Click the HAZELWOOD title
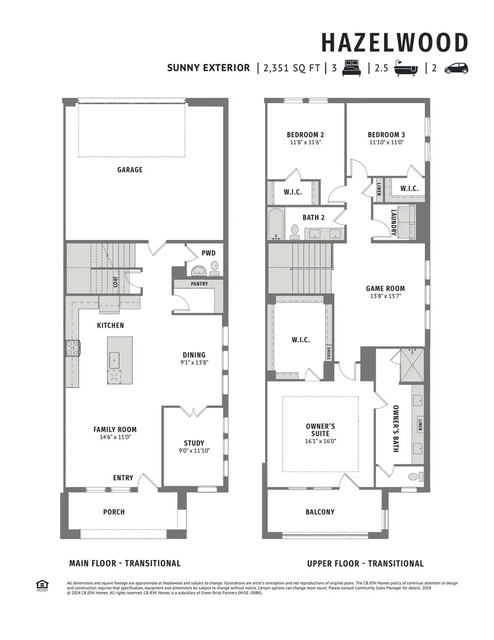click(x=394, y=43)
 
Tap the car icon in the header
click(x=456, y=68)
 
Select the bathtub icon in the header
click(x=407, y=68)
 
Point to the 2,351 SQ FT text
click(x=291, y=68)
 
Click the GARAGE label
click(x=130, y=170)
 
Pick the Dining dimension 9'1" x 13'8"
click(x=194, y=363)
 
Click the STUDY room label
click(x=194, y=443)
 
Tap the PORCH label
click(x=114, y=512)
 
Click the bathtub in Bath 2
click(x=276, y=224)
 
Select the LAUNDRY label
click(x=394, y=223)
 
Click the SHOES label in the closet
click(x=328, y=353)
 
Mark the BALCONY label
click(x=320, y=512)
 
